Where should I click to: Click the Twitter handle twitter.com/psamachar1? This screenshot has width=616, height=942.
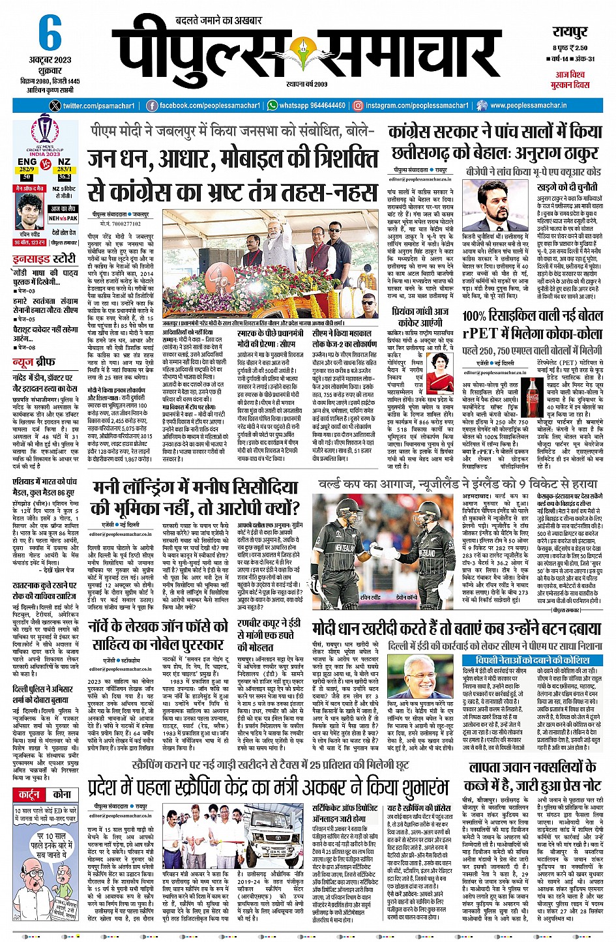point(98,106)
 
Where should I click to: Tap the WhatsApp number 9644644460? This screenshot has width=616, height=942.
point(321,106)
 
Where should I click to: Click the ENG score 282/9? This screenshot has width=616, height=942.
point(27,169)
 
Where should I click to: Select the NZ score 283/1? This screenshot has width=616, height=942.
point(64,169)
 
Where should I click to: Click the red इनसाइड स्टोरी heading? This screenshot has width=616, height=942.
point(45,258)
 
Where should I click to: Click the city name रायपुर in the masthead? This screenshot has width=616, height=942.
point(570,32)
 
